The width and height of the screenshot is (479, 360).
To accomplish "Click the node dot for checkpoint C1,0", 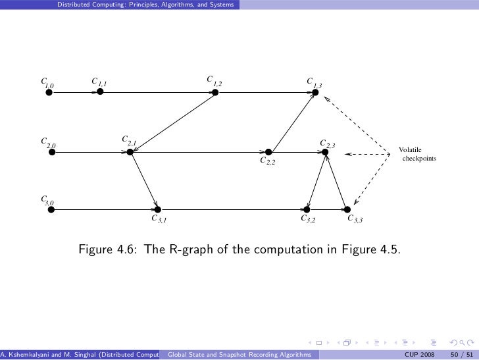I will point(49,93).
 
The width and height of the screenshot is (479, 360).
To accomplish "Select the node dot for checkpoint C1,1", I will point(100,92).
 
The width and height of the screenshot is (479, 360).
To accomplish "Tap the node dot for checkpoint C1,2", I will point(215,93).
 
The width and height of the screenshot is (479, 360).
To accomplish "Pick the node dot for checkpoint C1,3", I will point(315,93).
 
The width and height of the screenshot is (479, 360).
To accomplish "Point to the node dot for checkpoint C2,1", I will point(130,152).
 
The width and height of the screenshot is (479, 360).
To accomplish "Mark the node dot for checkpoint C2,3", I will point(324,152).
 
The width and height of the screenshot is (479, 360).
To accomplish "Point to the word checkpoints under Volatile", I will point(418,159).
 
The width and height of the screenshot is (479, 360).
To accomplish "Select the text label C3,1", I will point(159,219).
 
